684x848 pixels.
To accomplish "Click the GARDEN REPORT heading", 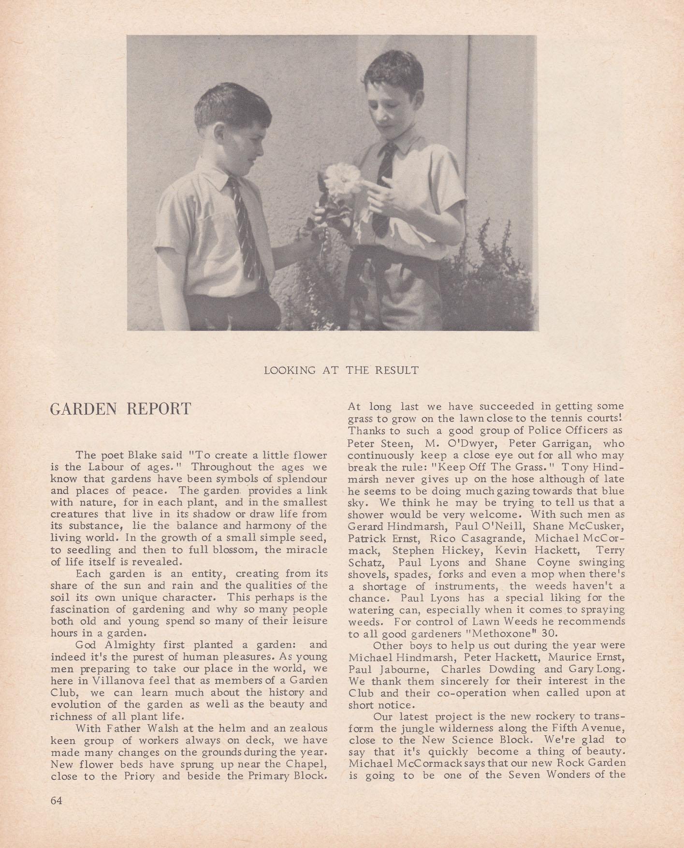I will point(121,409).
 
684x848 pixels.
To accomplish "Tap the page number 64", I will point(57,800).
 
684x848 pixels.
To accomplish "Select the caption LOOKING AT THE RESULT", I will point(341,371).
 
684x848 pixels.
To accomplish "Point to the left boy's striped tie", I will point(245,227).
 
